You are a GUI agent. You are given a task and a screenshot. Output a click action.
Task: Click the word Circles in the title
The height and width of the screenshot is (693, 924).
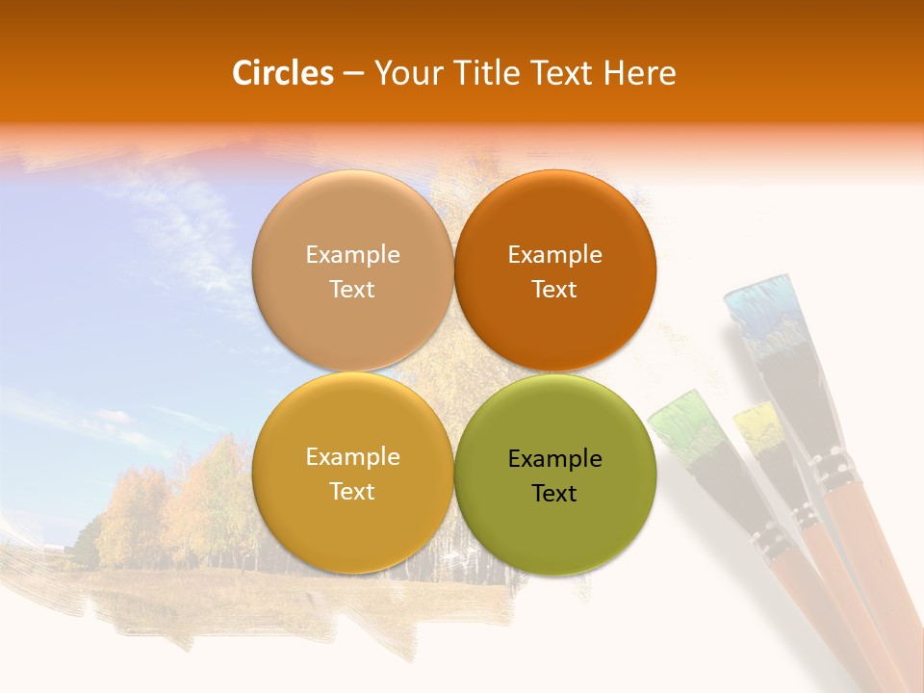point(282,73)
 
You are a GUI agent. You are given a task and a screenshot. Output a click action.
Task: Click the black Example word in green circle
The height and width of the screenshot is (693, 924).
point(554,459)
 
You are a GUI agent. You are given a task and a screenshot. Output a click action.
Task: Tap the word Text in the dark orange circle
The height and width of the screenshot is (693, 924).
point(554,290)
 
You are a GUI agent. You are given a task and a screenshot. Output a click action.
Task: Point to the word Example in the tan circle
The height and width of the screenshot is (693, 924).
point(352,255)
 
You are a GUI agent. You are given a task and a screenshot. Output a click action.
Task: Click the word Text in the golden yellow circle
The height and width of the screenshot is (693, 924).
point(352,492)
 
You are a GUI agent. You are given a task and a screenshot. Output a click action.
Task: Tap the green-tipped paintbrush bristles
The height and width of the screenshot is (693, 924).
point(686,423)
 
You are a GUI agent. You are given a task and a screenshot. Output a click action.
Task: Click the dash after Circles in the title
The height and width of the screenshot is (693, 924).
point(353,73)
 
